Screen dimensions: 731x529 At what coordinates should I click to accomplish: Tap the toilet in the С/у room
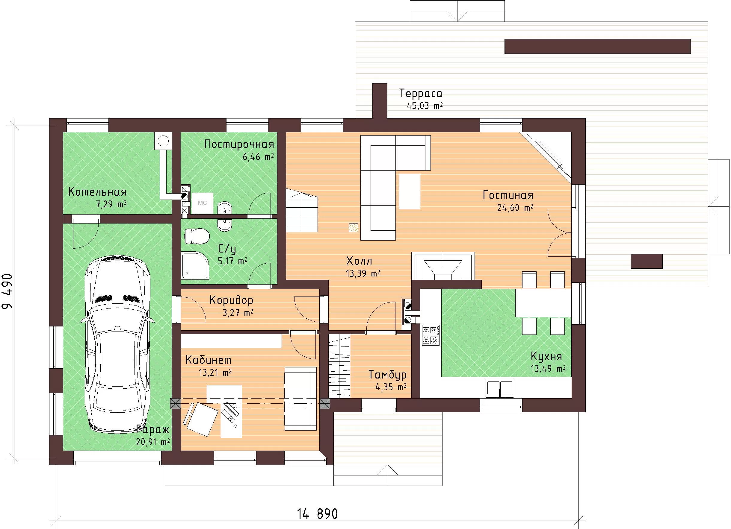point(197,236)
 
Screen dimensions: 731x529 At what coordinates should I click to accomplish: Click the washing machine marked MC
point(203,203)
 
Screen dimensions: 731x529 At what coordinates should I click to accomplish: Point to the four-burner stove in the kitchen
point(431,335)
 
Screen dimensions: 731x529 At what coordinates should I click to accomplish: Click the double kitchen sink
point(500,388)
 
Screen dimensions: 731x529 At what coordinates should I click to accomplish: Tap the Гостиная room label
point(508,195)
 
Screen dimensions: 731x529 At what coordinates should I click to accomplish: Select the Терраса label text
point(421,93)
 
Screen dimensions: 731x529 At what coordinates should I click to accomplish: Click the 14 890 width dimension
point(318,514)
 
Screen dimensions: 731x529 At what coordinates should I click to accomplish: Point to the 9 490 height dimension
point(7,291)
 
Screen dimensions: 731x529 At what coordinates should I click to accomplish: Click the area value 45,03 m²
point(425,106)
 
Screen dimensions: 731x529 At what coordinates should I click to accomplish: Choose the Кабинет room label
point(209,360)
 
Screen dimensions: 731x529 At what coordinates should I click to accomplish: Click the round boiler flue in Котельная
point(163,141)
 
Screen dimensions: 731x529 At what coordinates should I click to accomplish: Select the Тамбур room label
point(387,374)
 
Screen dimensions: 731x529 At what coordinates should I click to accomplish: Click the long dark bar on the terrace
point(598,46)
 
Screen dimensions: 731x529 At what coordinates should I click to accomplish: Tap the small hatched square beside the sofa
point(354,228)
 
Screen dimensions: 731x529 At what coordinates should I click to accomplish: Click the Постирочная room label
point(239,145)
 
